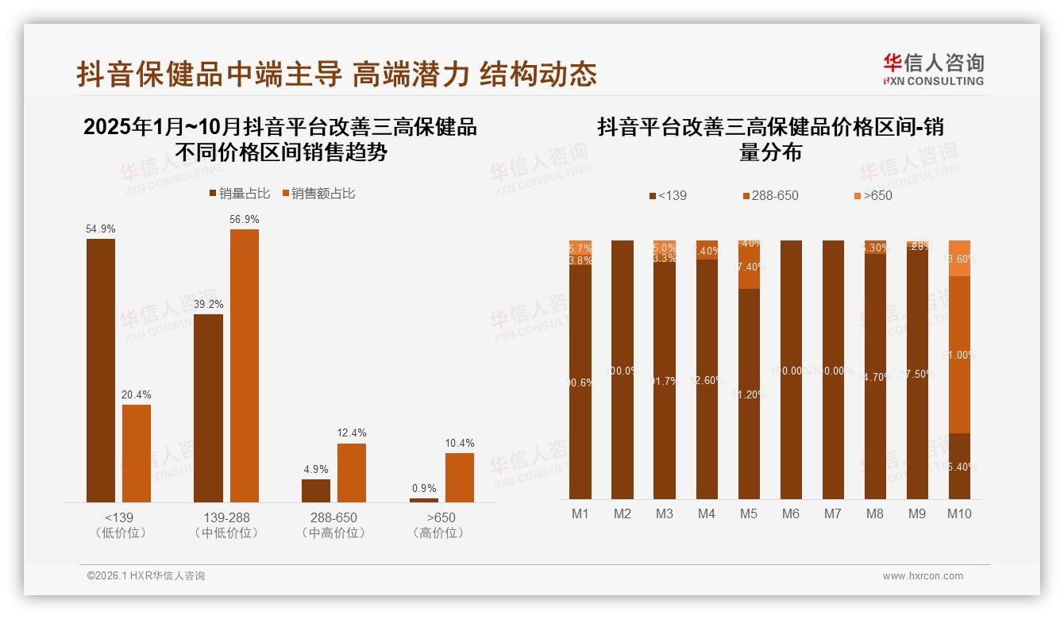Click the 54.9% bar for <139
[101, 370]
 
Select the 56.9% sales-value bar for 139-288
[245, 365]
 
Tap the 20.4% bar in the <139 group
[137, 453]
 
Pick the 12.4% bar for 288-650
[352, 472]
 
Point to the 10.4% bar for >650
[459, 477]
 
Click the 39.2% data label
[208, 304]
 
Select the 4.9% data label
[316, 469]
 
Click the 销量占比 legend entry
[240, 194]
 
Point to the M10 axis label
[959, 513]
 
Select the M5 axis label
[749, 513]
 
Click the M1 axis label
[580, 513]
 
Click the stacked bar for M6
[791, 369]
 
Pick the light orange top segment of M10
[959, 258]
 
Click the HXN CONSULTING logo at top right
[933, 70]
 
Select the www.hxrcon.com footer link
[923, 576]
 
